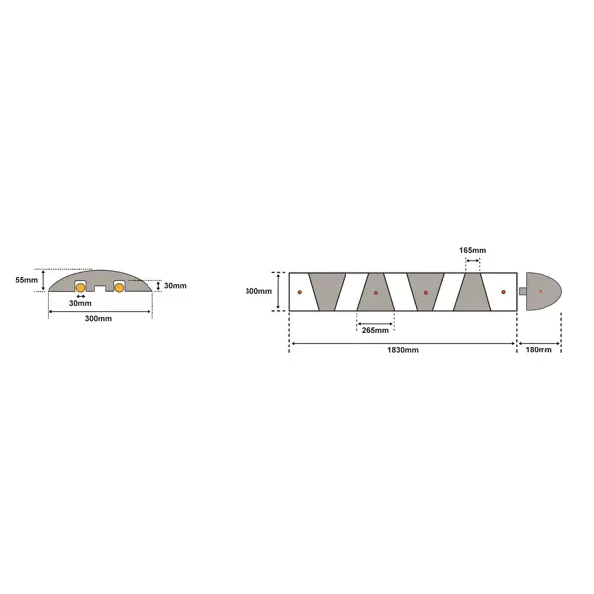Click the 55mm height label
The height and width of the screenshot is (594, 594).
coord(28,281)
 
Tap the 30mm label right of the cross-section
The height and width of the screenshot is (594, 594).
coord(175,286)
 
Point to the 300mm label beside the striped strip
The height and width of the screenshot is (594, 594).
coord(258,292)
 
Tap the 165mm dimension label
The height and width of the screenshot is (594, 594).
coord(473,251)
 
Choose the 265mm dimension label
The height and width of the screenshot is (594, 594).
coord(376,329)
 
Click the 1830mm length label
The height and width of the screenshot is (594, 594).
coord(403,351)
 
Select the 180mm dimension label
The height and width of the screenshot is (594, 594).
coord(540,351)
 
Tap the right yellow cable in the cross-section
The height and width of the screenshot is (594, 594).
coord(119,288)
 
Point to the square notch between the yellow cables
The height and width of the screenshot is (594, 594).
coord(99,288)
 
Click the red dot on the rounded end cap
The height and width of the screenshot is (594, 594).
coord(540,291)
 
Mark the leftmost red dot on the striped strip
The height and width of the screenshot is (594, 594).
coord(299,292)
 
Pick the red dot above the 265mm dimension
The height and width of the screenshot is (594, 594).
coord(376,293)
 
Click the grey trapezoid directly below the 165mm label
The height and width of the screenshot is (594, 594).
coord(473,292)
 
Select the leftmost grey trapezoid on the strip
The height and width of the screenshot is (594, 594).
coord(325,292)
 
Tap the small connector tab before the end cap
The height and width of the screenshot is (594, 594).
coord(523,291)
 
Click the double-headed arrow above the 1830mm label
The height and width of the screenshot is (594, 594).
coord(403,344)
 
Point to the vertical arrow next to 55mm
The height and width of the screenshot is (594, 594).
coord(44,281)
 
